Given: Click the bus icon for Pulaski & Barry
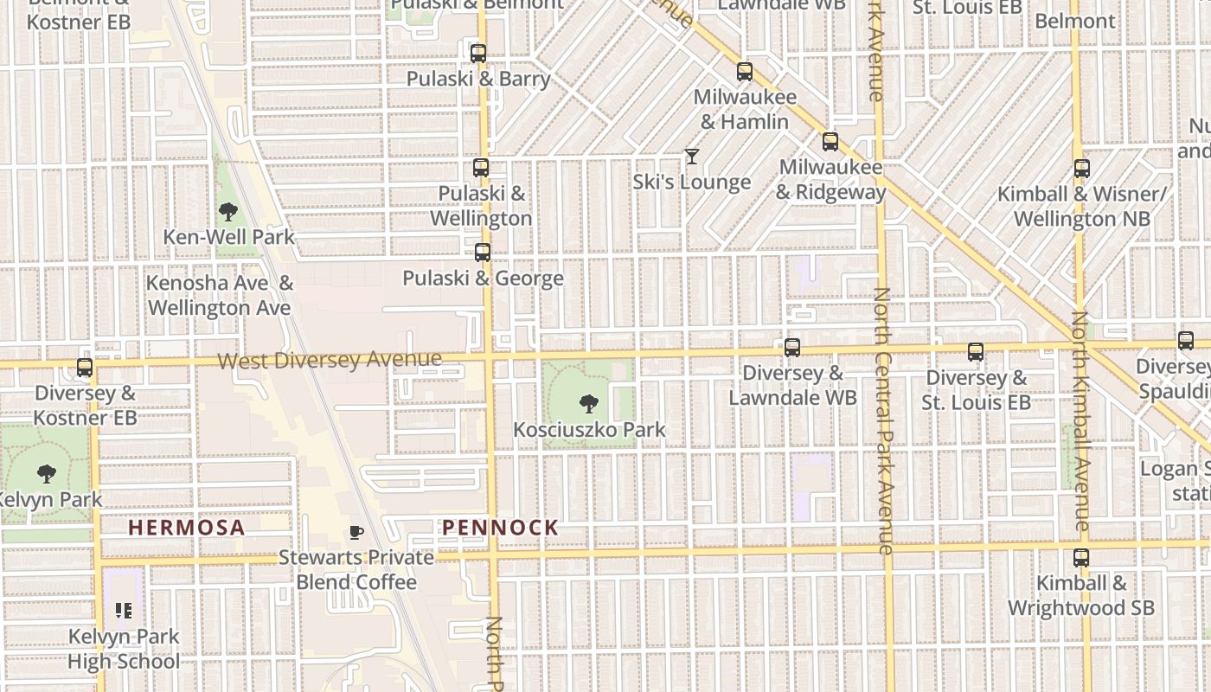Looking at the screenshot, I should [x=478, y=53].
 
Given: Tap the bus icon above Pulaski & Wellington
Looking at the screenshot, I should [x=481, y=168].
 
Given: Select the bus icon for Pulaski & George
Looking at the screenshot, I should [x=483, y=253].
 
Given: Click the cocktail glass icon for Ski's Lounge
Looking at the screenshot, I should [x=691, y=157].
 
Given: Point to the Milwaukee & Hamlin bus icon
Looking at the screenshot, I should [x=745, y=72].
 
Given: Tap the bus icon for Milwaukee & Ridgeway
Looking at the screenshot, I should [x=830, y=142].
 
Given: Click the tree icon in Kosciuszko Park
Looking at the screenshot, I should [x=589, y=403].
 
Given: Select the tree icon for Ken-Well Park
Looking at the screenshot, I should [x=228, y=211].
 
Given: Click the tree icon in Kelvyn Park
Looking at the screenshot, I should [x=47, y=473].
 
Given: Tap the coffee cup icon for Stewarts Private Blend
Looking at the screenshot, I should [x=355, y=532].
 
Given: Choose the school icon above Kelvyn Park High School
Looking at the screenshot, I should [x=124, y=612].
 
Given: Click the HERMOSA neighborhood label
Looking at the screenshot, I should [x=187, y=528].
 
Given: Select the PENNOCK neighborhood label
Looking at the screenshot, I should [x=500, y=528].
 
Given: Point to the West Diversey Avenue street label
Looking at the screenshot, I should [x=330, y=360].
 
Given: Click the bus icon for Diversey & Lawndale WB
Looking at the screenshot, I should [x=792, y=348].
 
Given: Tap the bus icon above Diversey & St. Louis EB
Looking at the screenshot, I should [x=976, y=352].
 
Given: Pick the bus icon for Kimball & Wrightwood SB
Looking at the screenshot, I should [x=1081, y=558].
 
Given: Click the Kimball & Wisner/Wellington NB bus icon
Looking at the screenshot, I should [x=1081, y=169].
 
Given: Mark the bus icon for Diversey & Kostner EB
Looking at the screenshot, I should [x=85, y=368].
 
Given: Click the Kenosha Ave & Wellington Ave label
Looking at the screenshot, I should [x=220, y=295].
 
